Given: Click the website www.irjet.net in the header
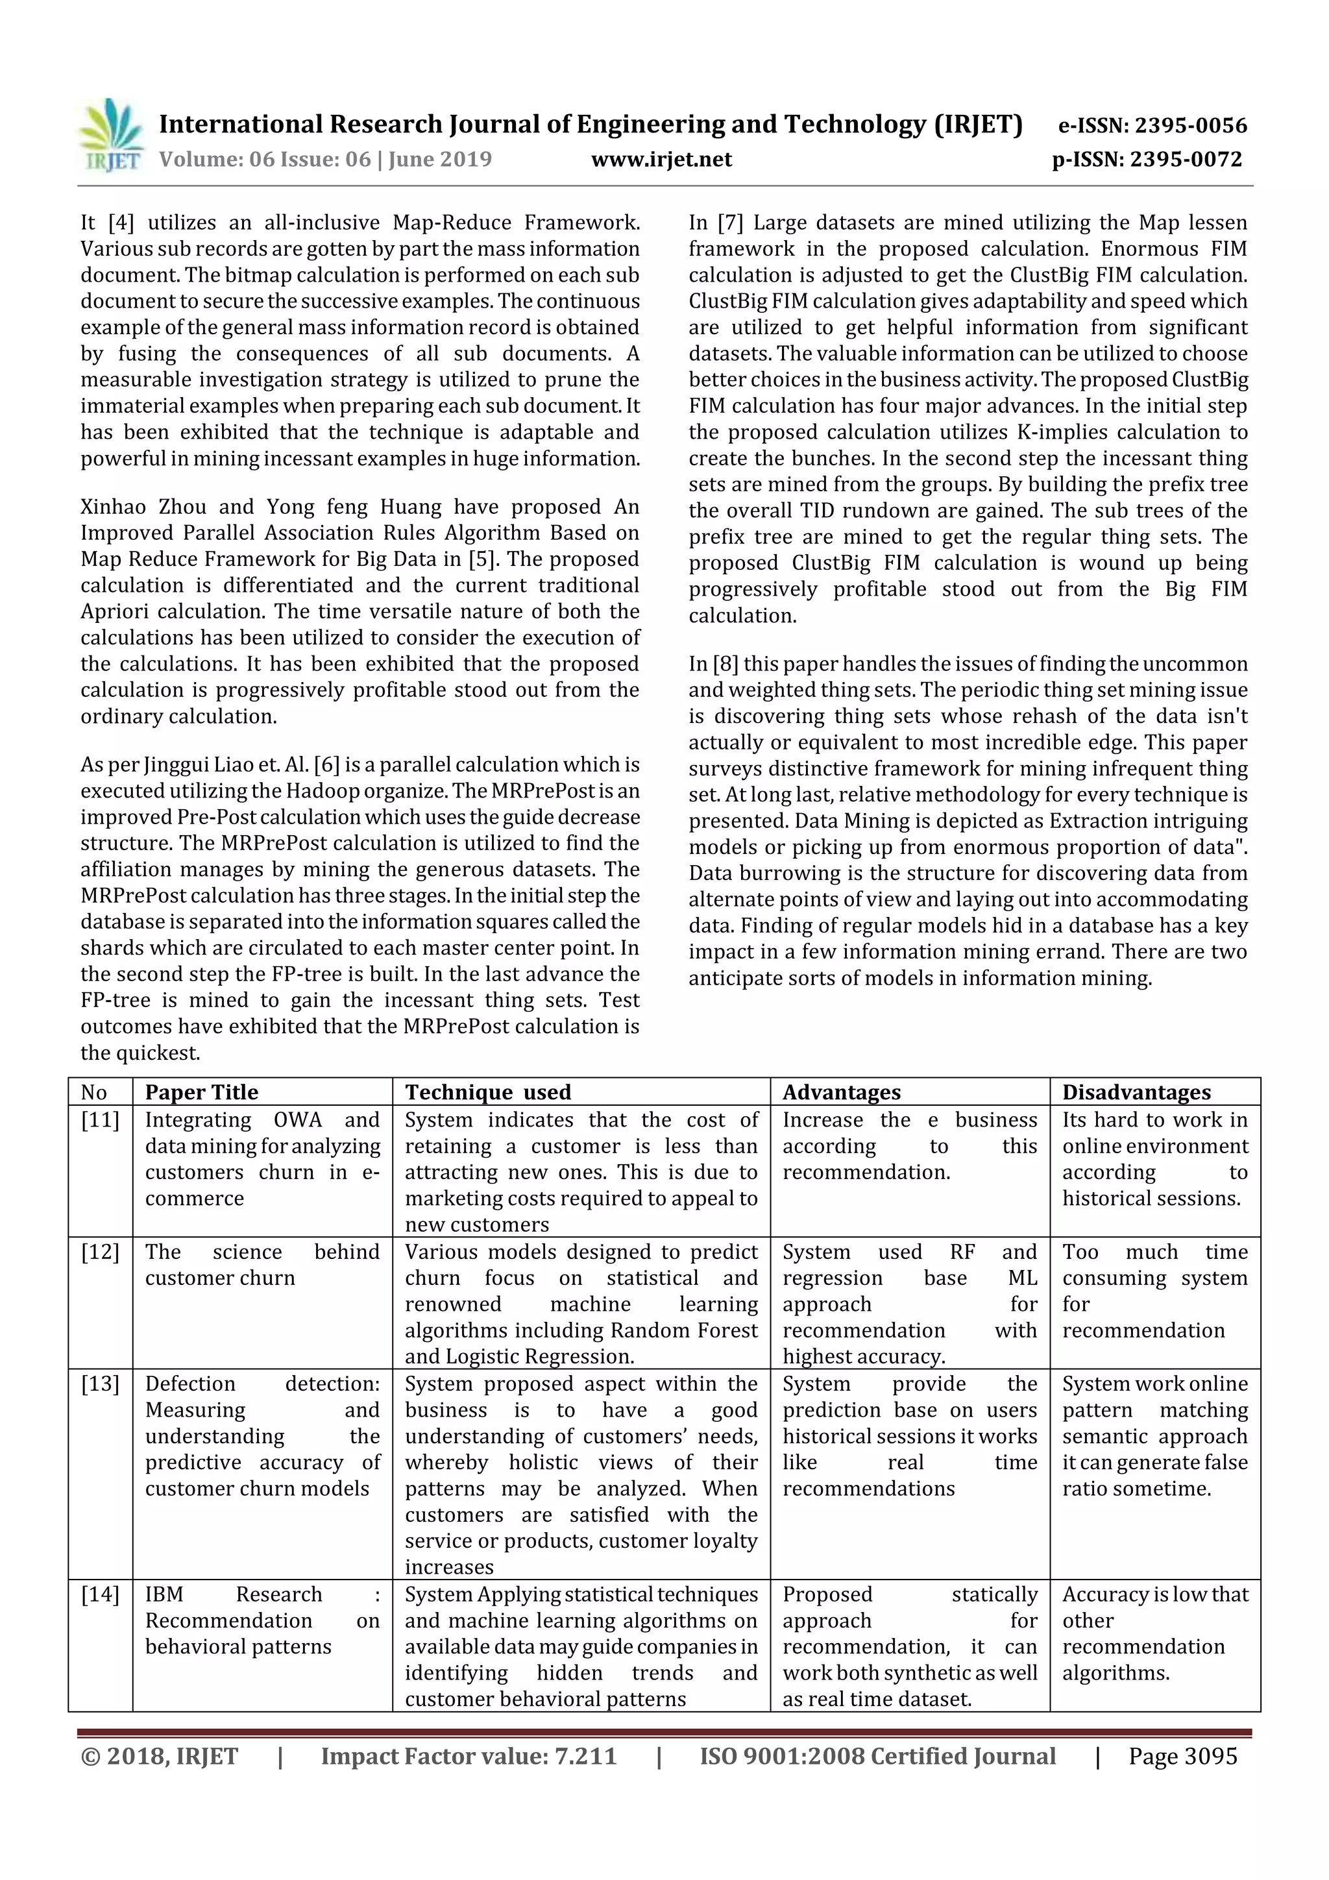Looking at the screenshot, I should click(x=662, y=160).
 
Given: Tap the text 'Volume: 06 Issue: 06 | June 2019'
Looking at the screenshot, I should click(x=325, y=160).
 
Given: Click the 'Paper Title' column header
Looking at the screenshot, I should click(x=201, y=1092).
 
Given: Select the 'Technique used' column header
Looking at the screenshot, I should click(x=488, y=1092).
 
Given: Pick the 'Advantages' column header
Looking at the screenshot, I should click(x=841, y=1092).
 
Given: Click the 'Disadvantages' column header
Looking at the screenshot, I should click(x=1136, y=1092).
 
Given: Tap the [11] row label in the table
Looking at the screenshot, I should click(x=100, y=1120).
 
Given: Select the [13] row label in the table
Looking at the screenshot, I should click(x=100, y=1384).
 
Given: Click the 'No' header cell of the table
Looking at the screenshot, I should click(x=94, y=1092).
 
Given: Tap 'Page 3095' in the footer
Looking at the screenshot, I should click(x=1182, y=1756).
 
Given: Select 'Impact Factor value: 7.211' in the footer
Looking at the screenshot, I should click(x=469, y=1756).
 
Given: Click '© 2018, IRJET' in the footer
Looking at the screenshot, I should click(x=160, y=1756).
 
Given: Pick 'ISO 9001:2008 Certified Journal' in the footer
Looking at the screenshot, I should click(x=877, y=1756).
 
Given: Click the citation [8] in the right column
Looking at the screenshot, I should click(x=724, y=664).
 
